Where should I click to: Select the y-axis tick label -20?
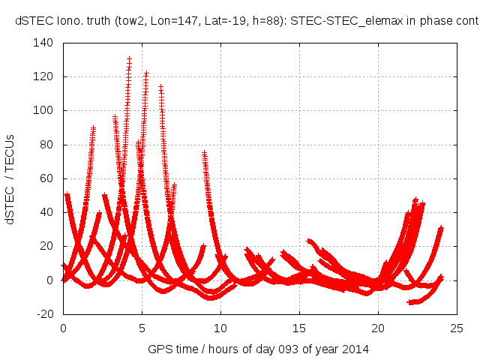(44, 314)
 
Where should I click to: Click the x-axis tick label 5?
(142, 328)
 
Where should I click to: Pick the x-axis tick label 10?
(220, 328)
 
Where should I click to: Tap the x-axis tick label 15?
(299, 328)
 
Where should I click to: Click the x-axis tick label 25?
(457, 328)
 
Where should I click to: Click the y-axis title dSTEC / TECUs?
(11, 178)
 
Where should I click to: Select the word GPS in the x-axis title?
(159, 349)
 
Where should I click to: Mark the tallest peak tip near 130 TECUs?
(129, 58)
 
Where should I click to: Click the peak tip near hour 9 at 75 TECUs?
(204, 153)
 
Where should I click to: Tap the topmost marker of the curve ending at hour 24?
(441, 227)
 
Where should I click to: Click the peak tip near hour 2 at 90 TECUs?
(93, 128)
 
